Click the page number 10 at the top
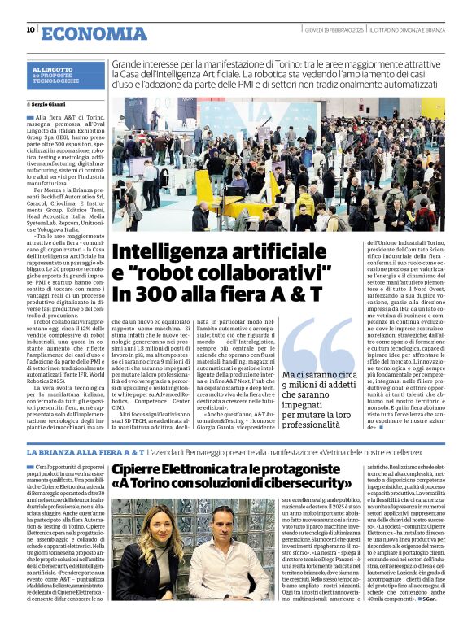[30, 29]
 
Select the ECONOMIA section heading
[93, 33]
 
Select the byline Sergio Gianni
[49, 105]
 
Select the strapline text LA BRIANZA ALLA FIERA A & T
[85, 451]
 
